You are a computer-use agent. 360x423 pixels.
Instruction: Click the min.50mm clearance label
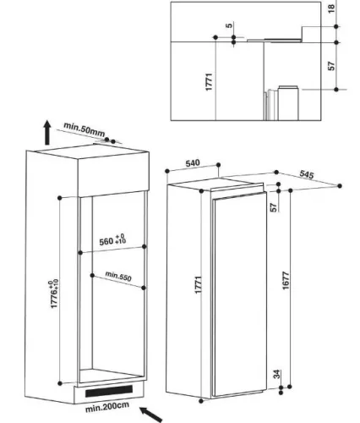point(85,129)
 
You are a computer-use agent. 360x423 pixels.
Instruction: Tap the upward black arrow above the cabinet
point(47,132)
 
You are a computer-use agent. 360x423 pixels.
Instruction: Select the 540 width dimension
point(193,163)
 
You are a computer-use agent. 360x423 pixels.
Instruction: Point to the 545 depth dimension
point(307,174)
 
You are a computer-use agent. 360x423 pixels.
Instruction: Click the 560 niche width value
point(106,242)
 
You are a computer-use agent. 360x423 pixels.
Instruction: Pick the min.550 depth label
point(118,277)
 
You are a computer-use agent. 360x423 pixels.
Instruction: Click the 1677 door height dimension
point(286,280)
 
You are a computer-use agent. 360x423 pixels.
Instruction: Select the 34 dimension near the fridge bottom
point(277,375)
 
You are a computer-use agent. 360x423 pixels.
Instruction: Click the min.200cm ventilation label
point(107,407)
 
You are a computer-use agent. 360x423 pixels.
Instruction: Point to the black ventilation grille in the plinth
point(109,391)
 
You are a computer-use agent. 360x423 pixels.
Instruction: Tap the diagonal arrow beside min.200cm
point(150,415)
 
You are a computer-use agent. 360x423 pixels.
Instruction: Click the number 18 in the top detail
point(332,8)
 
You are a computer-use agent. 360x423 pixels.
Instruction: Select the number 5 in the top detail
point(230,25)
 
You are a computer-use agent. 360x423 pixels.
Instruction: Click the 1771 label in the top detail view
point(209,82)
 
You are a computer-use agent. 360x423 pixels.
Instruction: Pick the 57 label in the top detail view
point(332,66)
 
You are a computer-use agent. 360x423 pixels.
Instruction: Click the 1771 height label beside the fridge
point(199,285)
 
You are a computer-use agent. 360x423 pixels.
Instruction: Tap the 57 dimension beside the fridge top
point(274,207)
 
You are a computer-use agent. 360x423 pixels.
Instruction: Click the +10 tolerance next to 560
point(120,241)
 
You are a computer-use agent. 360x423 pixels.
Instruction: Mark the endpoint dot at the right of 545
point(340,186)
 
